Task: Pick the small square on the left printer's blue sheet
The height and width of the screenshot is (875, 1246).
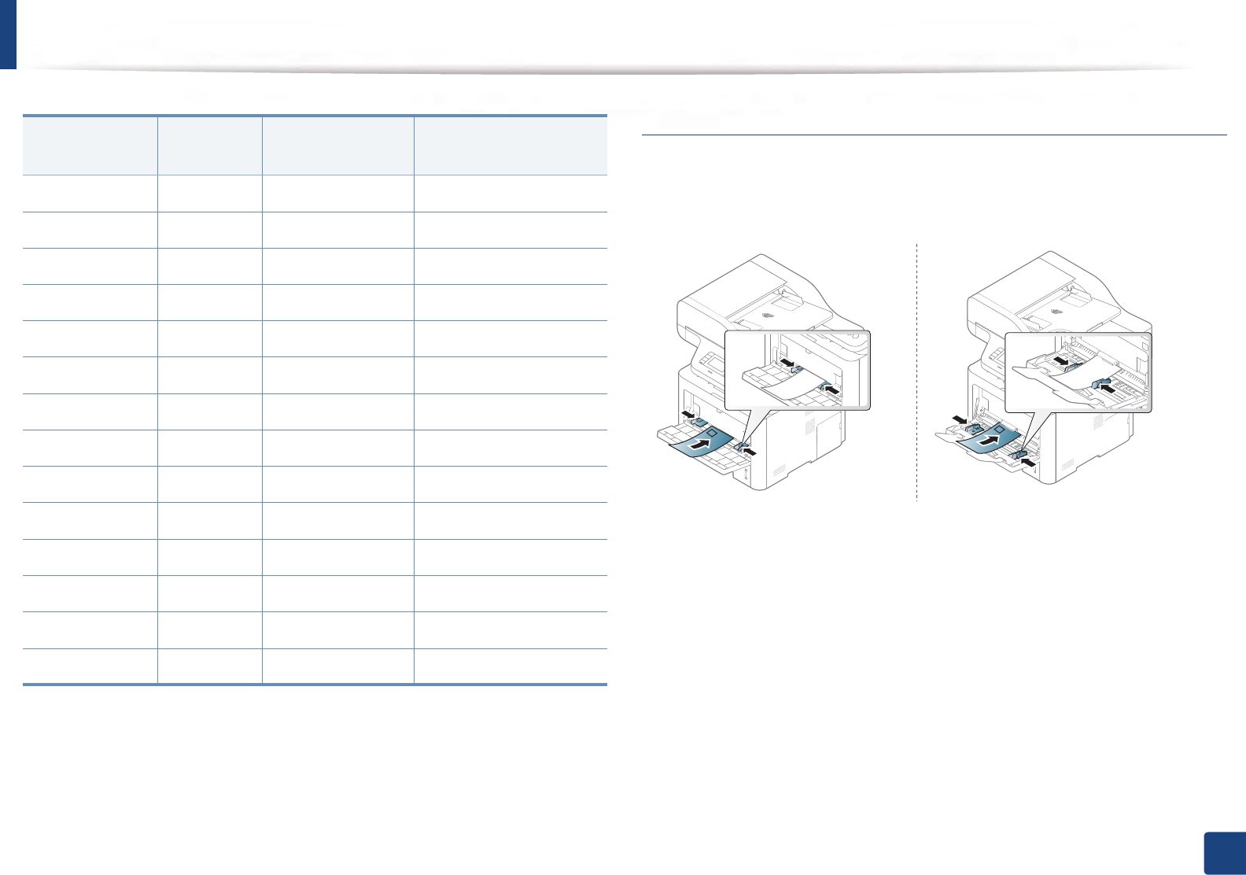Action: [x=710, y=433]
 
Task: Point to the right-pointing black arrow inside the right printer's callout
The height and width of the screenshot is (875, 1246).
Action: [x=1063, y=361]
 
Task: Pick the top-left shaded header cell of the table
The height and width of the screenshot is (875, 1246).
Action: [x=90, y=146]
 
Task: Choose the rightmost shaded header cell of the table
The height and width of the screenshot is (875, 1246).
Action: [x=511, y=146]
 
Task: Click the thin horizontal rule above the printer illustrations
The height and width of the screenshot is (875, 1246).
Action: [x=934, y=135]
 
